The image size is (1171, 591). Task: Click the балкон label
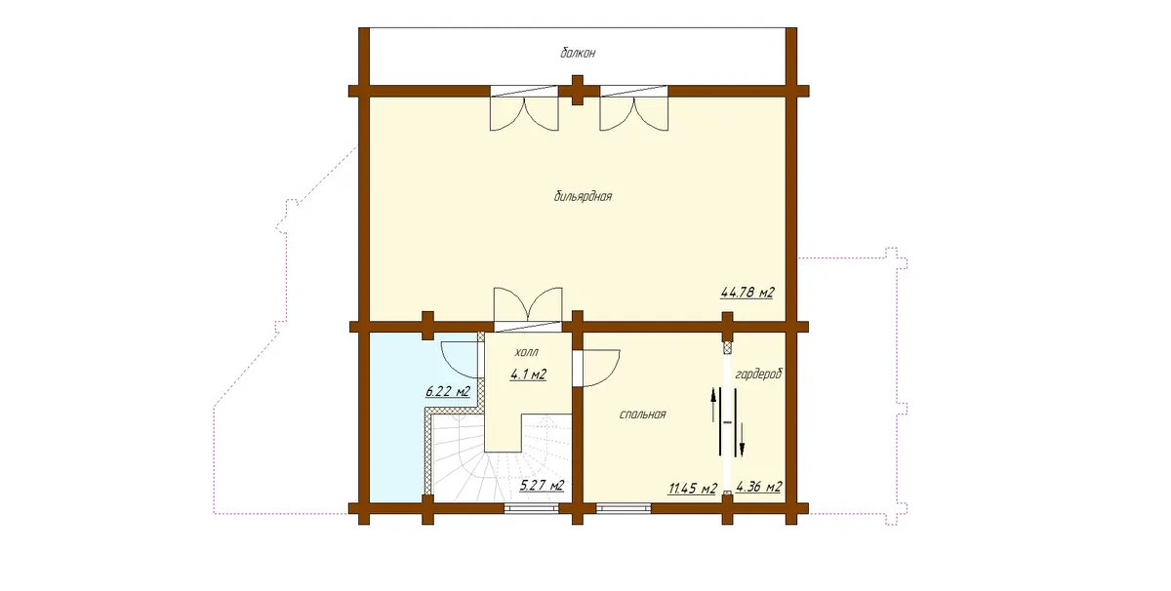click(578, 53)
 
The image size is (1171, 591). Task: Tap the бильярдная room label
click(583, 196)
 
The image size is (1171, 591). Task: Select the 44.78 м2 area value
click(747, 293)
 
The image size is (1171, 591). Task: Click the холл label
click(526, 352)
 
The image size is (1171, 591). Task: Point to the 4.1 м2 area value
click(528, 374)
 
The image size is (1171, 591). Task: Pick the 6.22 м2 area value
click(448, 391)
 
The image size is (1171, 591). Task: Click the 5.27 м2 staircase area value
click(543, 486)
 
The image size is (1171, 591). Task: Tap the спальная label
click(642, 414)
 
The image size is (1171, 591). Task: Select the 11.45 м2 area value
click(692, 489)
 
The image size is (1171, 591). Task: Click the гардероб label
click(758, 374)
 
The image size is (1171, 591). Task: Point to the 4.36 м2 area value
click(758, 487)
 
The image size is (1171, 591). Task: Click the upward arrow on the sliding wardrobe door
click(712, 405)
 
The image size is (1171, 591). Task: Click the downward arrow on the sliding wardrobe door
click(742, 440)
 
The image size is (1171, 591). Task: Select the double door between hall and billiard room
click(528, 309)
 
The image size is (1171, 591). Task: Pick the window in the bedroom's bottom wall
click(624, 508)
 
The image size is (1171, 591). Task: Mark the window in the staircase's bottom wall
click(531, 508)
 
